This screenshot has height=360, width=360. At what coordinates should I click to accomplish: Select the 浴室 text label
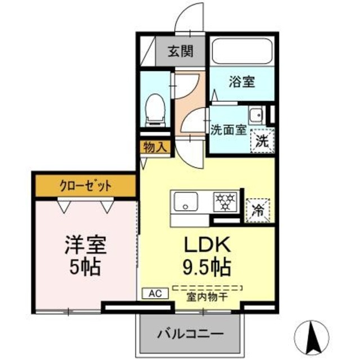tap(242, 82)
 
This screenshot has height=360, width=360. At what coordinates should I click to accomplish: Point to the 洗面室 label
tap(228, 130)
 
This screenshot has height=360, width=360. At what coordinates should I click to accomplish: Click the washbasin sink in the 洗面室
tap(257, 115)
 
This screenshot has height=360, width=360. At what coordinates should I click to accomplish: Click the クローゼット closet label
tap(84, 186)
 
